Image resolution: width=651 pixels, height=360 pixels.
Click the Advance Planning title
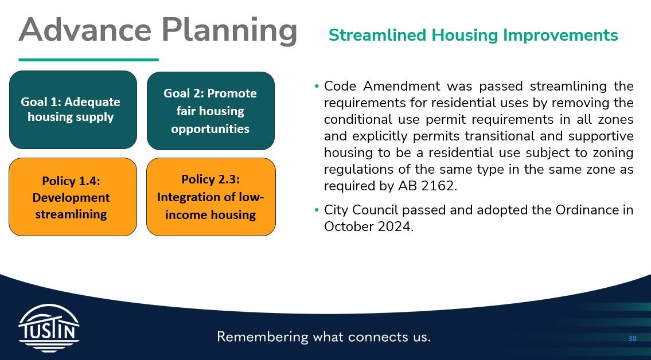(158, 30)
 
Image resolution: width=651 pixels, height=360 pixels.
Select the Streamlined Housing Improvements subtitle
(473, 35)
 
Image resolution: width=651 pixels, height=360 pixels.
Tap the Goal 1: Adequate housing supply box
(73, 109)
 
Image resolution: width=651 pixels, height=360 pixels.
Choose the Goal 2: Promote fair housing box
(210, 111)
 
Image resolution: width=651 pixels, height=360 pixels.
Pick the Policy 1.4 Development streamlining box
(73, 197)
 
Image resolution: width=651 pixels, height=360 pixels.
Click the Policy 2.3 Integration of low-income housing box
(210, 197)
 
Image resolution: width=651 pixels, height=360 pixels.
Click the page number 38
(632, 339)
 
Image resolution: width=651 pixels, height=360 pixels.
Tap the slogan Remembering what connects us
(323, 336)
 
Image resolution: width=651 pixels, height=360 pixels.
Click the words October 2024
(368, 226)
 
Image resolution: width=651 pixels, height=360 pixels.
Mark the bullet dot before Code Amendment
(317, 87)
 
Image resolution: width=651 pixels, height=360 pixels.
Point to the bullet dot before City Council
(317, 210)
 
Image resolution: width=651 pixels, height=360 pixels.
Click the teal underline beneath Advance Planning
(88, 59)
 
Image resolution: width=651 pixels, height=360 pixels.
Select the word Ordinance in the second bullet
(586, 210)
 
